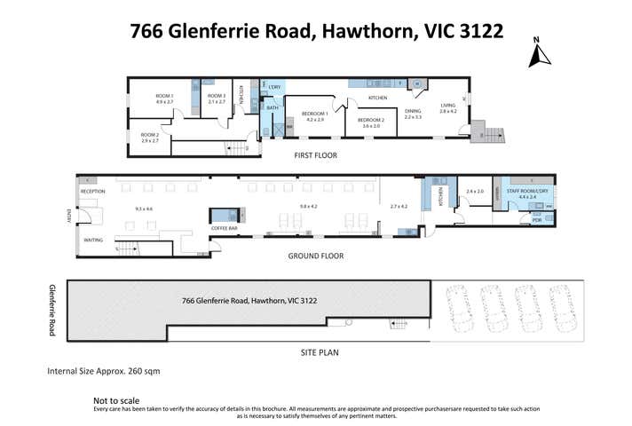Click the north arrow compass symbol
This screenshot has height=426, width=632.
pyautogui.click(x=535, y=53)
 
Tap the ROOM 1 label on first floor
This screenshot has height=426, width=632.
pyautogui.click(x=164, y=95)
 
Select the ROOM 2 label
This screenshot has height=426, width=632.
pyautogui.click(x=149, y=134)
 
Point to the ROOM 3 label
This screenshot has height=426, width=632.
pyautogui.click(x=217, y=95)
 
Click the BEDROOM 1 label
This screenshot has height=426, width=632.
pyautogui.click(x=315, y=114)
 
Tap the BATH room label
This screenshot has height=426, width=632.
pyautogui.click(x=273, y=108)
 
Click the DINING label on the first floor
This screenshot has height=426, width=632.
pyautogui.click(x=413, y=111)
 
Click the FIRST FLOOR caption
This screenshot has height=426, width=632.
pyautogui.click(x=317, y=155)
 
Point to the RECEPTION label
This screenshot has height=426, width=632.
pyautogui.click(x=93, y=192)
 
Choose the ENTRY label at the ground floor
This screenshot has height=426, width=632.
pyautogui.click(x=68, y=217)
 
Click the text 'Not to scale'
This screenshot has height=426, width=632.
pyautogui.click(x=117, y=400)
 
